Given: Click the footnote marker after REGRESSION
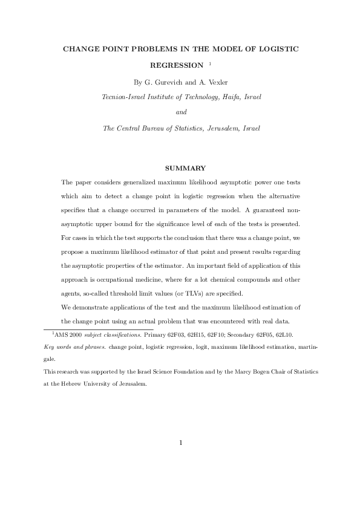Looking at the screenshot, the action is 209,63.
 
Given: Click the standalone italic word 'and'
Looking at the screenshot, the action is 180,112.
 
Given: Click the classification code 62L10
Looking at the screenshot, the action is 282,334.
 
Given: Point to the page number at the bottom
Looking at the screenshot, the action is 180,442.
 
